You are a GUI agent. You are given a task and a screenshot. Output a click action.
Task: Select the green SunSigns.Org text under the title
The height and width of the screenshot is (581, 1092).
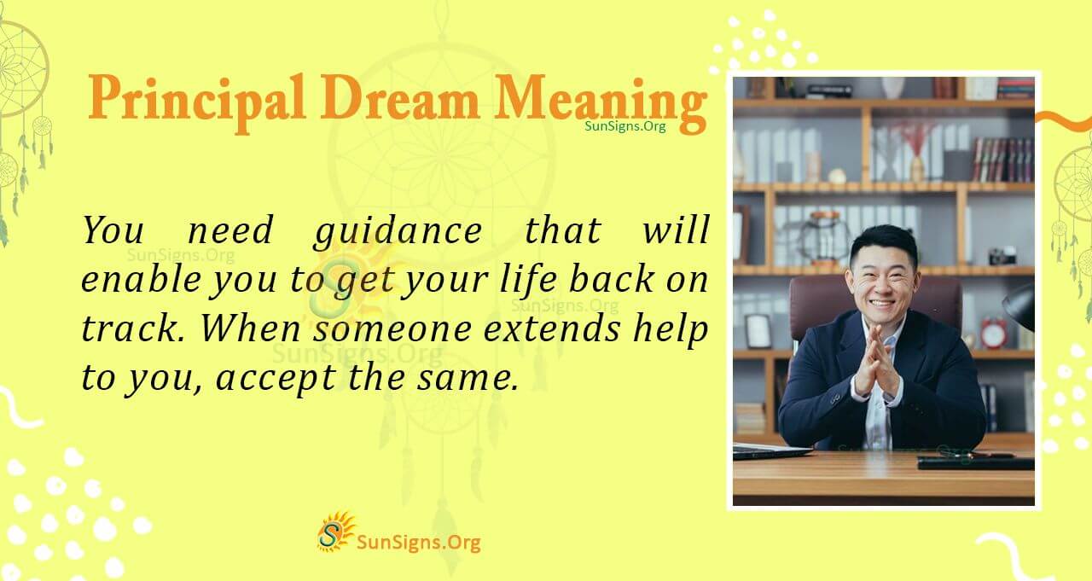pos(625,125)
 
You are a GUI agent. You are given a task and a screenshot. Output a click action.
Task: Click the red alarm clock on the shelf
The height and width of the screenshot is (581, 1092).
pos(993,333)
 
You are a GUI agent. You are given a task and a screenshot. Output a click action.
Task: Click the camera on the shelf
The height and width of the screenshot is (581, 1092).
pos(1002,255)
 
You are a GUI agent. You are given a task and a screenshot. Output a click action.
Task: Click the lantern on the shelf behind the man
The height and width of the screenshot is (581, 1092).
pos(823,239)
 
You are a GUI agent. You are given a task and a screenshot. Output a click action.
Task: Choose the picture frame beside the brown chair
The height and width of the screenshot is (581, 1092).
pos(758,331)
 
